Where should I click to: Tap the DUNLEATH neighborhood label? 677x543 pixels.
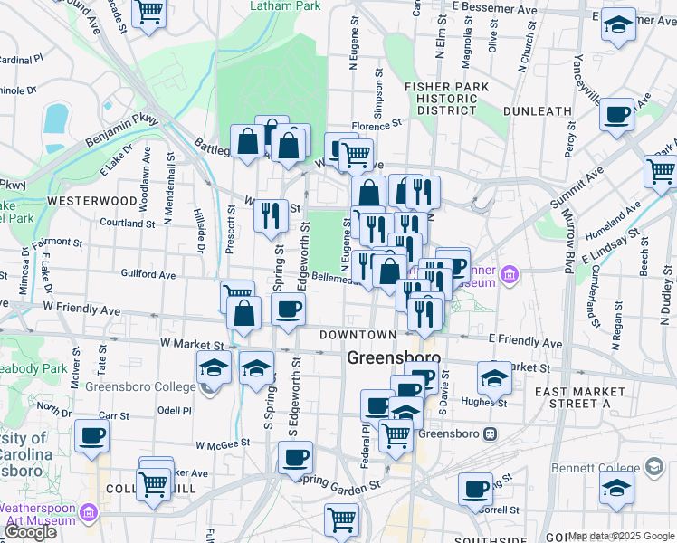[538, 111]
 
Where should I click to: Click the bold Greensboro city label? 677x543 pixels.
[394, 358]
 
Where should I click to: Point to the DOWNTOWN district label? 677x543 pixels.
[357, 335]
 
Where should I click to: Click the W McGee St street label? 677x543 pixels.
[223, 443]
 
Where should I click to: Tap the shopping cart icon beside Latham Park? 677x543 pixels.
[148, 13]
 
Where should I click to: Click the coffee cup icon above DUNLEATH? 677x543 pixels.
[616, 114]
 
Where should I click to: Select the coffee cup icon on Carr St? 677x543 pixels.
[91, 436]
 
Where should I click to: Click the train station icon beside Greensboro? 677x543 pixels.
[491, 433]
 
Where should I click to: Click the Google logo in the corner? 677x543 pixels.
[30, 533]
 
